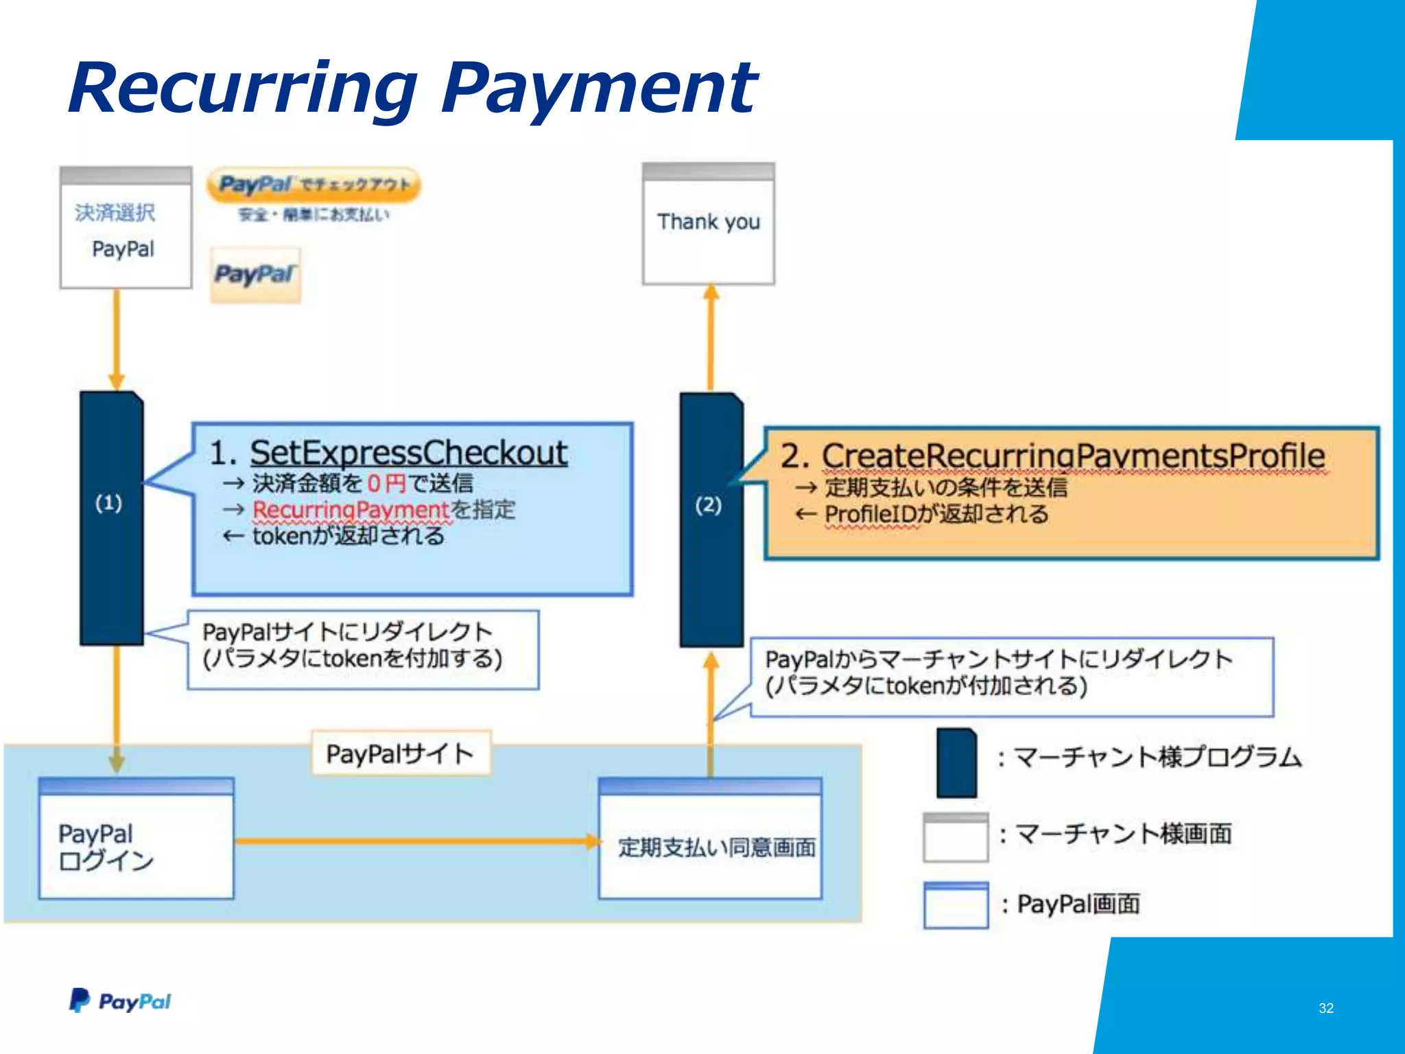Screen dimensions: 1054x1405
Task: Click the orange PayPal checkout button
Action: click(314, 185)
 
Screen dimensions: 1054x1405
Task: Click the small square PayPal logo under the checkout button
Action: click(255, 275)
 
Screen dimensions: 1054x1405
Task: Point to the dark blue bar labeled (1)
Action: click(111, 518)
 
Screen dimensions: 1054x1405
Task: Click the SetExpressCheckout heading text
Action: click(408, 453)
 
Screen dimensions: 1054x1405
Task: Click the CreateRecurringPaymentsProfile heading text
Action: click(1074, 456)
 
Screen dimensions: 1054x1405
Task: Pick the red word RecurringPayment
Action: click(351, 510)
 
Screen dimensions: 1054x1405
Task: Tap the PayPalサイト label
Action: click(401, 753)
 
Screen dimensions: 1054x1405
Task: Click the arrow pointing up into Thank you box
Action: click(711, 336)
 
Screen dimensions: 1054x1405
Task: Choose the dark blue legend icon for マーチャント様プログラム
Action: click(956, 762)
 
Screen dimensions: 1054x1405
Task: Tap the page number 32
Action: click(1325, 1008)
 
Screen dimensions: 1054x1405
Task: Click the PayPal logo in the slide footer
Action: click(120, 1001)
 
